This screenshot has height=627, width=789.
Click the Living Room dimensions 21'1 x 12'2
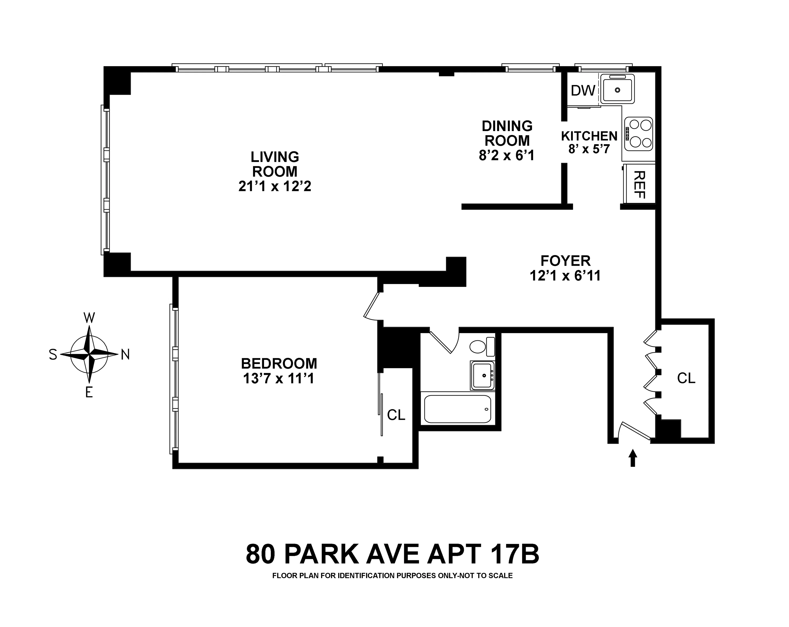pyautogui.click(x=275, y=186)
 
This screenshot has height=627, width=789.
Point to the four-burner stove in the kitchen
pyautogui.click(x=639, y=134)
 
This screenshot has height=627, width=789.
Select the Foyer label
pyautogui.click(x=565, y=261)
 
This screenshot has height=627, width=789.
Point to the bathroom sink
pyautogui.click(x=482, y=375)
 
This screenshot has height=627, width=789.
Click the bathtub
pyautogui.click(x=457, y=409)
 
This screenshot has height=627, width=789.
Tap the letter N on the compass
pyautogui.click(x=125, y=354)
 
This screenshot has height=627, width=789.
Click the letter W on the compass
pyautogui.click(x=89, y=318)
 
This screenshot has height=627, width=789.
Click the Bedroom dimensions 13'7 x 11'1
pyautogui.click(x=279, y=379)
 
